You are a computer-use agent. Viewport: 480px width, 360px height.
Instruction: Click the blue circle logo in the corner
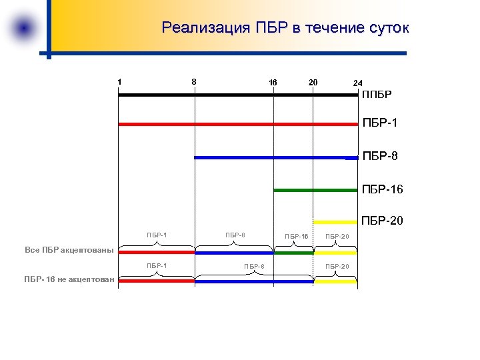[x=25, y=29]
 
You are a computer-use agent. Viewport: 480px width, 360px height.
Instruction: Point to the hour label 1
[x=119, y=82]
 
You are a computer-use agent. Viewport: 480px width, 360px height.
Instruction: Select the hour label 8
[x=194, y=82]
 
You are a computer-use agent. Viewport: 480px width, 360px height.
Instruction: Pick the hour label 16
[x=273, y=83]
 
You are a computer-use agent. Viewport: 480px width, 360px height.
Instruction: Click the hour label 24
[x=358, y=83]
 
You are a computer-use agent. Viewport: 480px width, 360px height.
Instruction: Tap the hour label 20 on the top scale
[x=313, y=82]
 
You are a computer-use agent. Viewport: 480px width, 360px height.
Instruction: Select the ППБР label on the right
[x=377, y=95]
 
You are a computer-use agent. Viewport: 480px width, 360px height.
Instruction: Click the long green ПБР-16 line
[x=315, y=190]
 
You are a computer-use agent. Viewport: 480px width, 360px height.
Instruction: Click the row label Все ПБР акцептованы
[x=69, y=251]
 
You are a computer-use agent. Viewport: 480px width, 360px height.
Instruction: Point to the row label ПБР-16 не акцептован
[x=69, y=279]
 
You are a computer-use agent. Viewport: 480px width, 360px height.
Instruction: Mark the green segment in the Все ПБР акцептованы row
[x=293, y=253]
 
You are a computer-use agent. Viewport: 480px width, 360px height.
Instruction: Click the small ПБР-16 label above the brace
[x=296, y=237]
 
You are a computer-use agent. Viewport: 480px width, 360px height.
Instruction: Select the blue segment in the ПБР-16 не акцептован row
[x=253, y=281]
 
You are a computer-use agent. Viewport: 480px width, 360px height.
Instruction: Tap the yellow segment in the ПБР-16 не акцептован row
[x=335, y=281]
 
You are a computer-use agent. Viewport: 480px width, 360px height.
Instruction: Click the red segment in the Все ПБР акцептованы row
[x=157, y=253]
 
